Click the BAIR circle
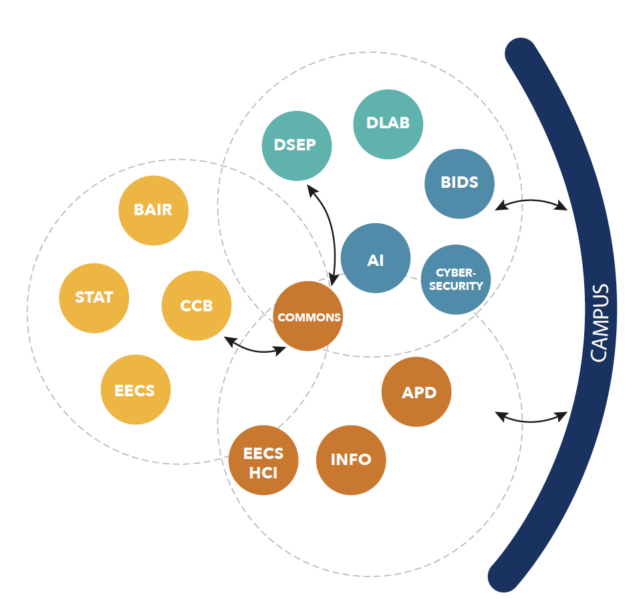(154, 210)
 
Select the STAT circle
(94, 297)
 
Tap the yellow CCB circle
(197, 305)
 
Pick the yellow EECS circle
(135, 390)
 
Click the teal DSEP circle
(296, 145)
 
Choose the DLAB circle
(388, 124)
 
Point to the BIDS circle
(460, 182)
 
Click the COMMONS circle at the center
(308, 317)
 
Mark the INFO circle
(351, 460)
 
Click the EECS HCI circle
(263, 460)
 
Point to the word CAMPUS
(600, 323)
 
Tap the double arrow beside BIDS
(531, 204)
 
